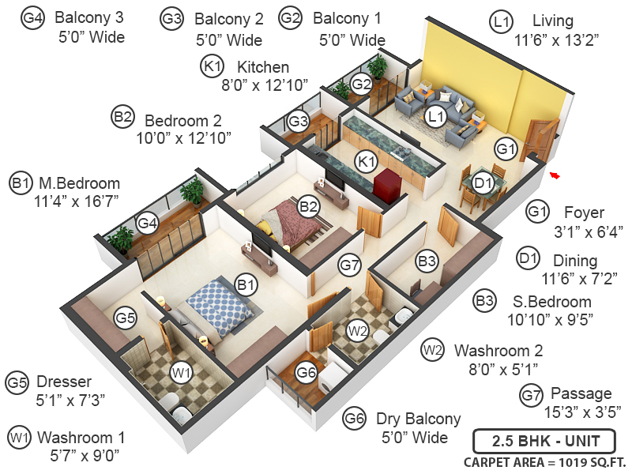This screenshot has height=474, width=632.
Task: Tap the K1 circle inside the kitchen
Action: (x=365, y=162)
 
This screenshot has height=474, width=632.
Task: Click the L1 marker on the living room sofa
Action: (x=435, y=117)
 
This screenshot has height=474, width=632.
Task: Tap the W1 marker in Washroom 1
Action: (x=181, y=371)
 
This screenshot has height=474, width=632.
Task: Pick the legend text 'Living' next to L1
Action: (x=553, y=21)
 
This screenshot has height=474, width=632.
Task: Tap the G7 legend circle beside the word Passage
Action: (x=531, y=393)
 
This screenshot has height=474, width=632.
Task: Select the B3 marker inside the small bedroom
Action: (x=427, y=260)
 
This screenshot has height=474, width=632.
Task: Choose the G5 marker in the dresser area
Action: (x=125, y=318)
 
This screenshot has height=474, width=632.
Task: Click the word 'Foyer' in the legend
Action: (x=584, y=213)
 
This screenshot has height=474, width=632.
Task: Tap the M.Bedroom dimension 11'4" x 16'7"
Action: (x=77, y=201)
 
